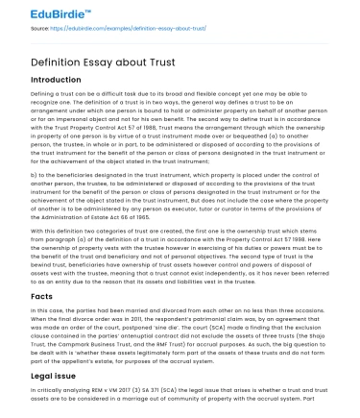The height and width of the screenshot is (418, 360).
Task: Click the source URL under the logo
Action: point(134,28)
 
